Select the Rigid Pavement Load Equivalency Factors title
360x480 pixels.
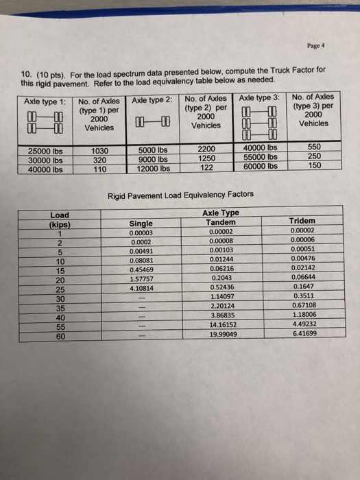pyautogui.click(x=180, y=195)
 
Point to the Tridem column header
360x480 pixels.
pyautogui.click(x=302, y=221)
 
